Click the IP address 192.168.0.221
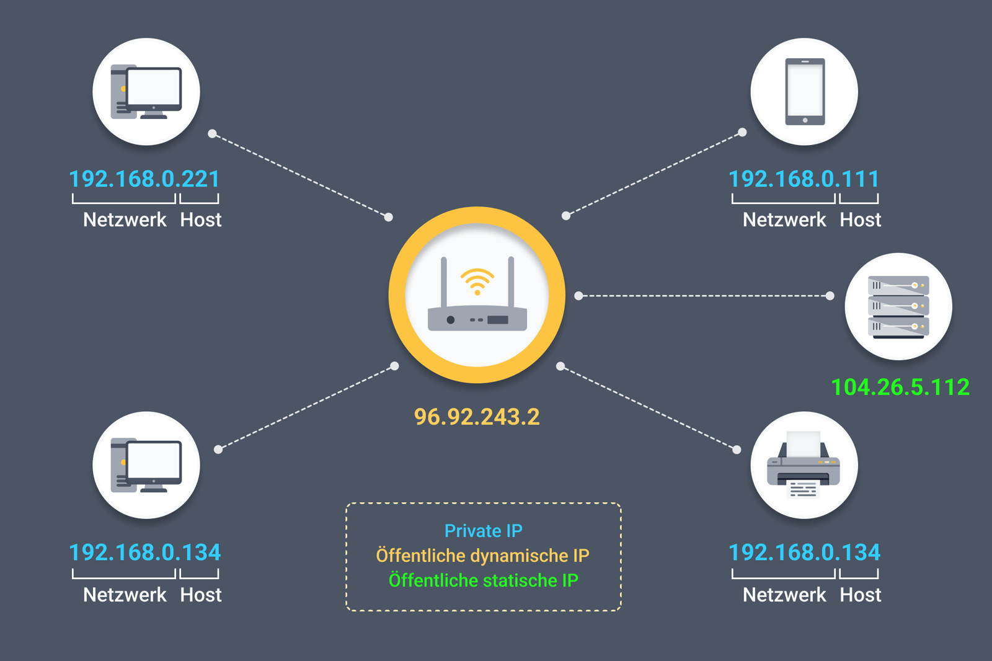(x=144, y=179)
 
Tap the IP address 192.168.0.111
(x=804, y=179)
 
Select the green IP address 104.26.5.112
(x=900, y=387)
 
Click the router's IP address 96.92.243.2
(x=477, y=417)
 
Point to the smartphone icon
(x=805, y=92)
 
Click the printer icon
(x=804, y=465)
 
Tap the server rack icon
(x=898, y=306)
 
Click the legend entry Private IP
(x=484, y=531)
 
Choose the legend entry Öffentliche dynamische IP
(x=483, y=556)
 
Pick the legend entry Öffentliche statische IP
(x=483, y=580)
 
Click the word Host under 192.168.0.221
(x=200, y=220)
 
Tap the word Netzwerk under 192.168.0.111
(x=784, y=220)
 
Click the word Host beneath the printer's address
(x=860, y=595)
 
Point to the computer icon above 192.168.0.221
(x=146, y=92)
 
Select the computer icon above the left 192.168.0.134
(x=146, y=465)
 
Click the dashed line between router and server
(x=704, y=296)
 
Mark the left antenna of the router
(x=444, y=282)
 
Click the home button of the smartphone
(x=805, y=120)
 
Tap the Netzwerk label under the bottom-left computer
(x=125, y=595)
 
